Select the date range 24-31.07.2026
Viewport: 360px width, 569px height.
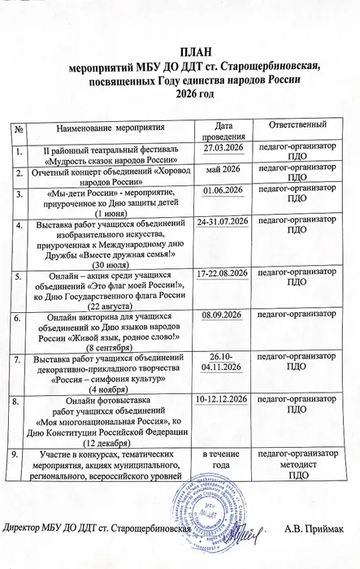[216, 220]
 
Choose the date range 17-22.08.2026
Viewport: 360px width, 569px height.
[216, 275]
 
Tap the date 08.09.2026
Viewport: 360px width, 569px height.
[216, 314]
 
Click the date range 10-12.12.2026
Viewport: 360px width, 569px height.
[216, 400]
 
